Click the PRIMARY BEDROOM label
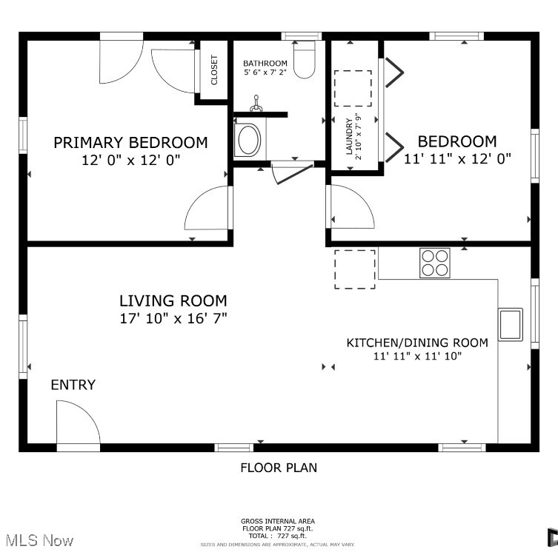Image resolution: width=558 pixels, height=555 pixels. pos(130,143)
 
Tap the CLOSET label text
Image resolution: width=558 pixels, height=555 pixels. pos(214,70)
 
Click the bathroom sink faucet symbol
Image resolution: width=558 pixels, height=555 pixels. pos(257,104)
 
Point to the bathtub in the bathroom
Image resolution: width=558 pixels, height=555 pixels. pos(248,140)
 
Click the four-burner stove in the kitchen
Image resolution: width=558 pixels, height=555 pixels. pos(435,262)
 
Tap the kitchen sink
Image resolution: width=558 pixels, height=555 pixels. pos(511,323)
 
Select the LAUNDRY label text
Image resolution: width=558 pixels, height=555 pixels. pos(349,137)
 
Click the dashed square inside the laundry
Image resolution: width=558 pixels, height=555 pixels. pos(353,89)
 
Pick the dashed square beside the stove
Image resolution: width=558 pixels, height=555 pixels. pos(354,269)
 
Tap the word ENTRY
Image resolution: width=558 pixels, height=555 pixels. pos(73,385)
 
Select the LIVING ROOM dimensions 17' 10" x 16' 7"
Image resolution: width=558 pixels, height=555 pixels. pos(173,318)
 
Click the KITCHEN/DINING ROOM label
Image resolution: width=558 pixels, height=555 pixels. pos(417,343)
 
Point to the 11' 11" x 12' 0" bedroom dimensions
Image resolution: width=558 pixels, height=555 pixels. pos(457,158)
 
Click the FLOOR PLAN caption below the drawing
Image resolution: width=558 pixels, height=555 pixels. pos(279,467)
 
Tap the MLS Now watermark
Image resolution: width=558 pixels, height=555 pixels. pos(37,541)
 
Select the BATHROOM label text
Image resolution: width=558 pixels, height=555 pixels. pos(265,64)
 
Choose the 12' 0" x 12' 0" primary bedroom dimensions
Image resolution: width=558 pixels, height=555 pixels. pos(130,159)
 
